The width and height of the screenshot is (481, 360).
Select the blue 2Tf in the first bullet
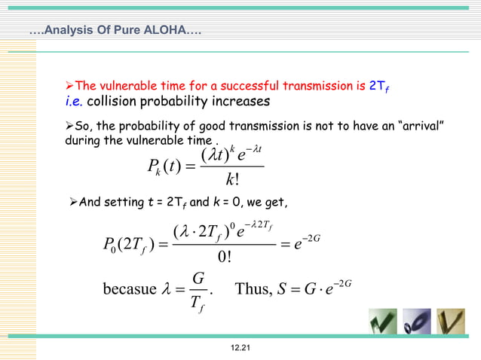pos(379,87)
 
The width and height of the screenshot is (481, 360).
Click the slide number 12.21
pos(240,346)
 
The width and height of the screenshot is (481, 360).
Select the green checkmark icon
pos(382,322)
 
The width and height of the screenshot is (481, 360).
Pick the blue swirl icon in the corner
pos(417,322)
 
